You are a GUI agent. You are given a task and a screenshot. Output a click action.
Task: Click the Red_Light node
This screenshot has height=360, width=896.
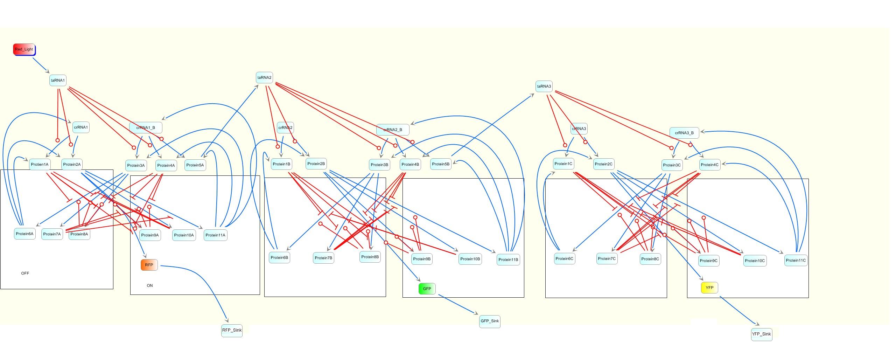[24, 49]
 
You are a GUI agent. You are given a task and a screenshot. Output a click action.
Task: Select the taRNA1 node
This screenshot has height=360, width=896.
[58, 80]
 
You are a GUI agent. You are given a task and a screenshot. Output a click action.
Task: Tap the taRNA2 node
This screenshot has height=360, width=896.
[264, 78]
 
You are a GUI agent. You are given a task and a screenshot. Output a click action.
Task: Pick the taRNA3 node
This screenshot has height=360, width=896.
[544, 86]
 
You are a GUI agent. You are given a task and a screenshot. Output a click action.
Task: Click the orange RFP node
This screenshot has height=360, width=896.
[149, 265]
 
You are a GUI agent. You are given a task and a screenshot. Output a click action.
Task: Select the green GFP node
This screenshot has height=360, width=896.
[427, 289]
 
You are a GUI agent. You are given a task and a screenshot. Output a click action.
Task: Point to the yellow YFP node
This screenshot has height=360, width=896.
[709, 288]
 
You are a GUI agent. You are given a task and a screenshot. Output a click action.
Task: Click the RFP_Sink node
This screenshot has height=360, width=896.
[232, 330]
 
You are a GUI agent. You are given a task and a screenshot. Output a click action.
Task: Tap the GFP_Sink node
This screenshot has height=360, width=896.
[490, 321]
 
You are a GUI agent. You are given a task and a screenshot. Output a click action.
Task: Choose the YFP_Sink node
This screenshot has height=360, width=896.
[762, 334]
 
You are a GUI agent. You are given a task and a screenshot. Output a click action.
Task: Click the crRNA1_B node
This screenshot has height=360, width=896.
[146, 127]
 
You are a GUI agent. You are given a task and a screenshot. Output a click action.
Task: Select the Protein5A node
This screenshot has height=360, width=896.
[195, 165]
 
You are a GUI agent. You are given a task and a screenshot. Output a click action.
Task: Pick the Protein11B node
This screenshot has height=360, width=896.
[508, 259]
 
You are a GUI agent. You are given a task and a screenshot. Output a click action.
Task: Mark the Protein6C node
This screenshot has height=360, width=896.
[564, 259]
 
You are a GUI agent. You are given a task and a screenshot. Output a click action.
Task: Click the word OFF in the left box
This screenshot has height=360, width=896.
[25, 273]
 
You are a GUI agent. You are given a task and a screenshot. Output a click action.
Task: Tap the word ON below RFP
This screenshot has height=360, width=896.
[150, 285]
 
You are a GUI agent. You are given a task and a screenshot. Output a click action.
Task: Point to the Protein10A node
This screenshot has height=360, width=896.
[184, 235]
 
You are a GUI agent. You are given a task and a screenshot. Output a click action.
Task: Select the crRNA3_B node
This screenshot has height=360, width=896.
[684, 133]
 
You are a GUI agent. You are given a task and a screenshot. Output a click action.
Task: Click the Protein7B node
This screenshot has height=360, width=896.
[323, 258]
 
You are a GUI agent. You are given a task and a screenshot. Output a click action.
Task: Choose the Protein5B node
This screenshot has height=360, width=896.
[441, 164]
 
